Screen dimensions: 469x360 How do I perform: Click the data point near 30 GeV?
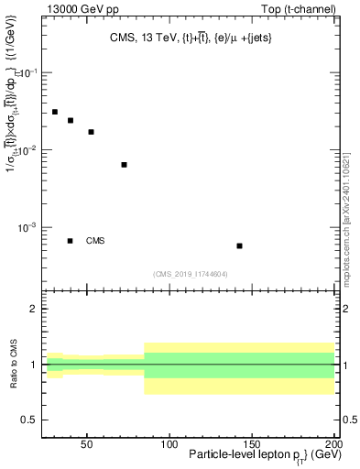pyautogui.click(x=55, y=112)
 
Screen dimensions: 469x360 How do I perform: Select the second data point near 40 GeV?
pyautogui.click(x=71, y=120)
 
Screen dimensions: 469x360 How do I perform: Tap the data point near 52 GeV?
pyautogui.click(x=91, y=132)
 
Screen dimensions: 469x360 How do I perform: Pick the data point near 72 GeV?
pyautogui.click(x=124, y=165)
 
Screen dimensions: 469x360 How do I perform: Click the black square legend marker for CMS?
pyautogui.click(x=71, y=241)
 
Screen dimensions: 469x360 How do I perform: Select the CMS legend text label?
pyautogui.click(x=95, y=241)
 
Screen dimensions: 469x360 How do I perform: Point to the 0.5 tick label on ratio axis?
pyautogui.click(x=29, y=420)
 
